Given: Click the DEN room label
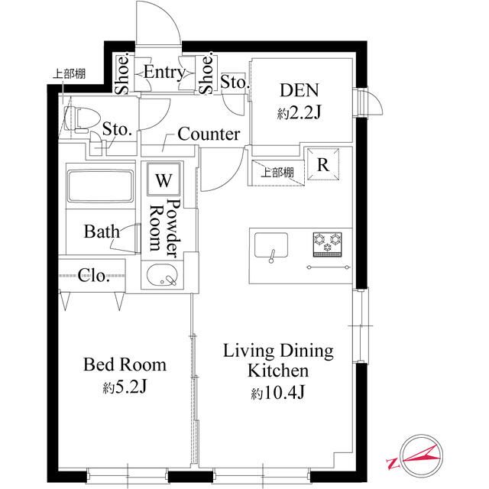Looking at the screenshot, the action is (x=300, y=90).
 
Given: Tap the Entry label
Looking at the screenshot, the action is (x=164, y=73).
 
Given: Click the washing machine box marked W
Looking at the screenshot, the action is (x=164, y=179).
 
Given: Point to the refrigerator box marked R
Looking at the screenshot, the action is (x=323, y=164).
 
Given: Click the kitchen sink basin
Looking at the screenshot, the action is (x=271, y=245).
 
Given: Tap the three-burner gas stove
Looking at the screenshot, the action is (x=328, y=244).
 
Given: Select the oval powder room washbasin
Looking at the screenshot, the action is (x=162, y=275).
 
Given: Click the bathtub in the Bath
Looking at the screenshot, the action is (x=100, y=186).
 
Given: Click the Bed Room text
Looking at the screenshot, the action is (x=125, y=364).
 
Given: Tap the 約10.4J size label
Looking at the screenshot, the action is (x=278, y=393).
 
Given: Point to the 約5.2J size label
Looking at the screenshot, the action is (x=125, y=387).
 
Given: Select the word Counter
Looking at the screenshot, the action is (x=209, y=134).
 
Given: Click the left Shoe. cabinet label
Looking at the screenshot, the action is (x=122, y=74).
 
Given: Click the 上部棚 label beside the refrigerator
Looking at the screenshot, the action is (x=277, y=172).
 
